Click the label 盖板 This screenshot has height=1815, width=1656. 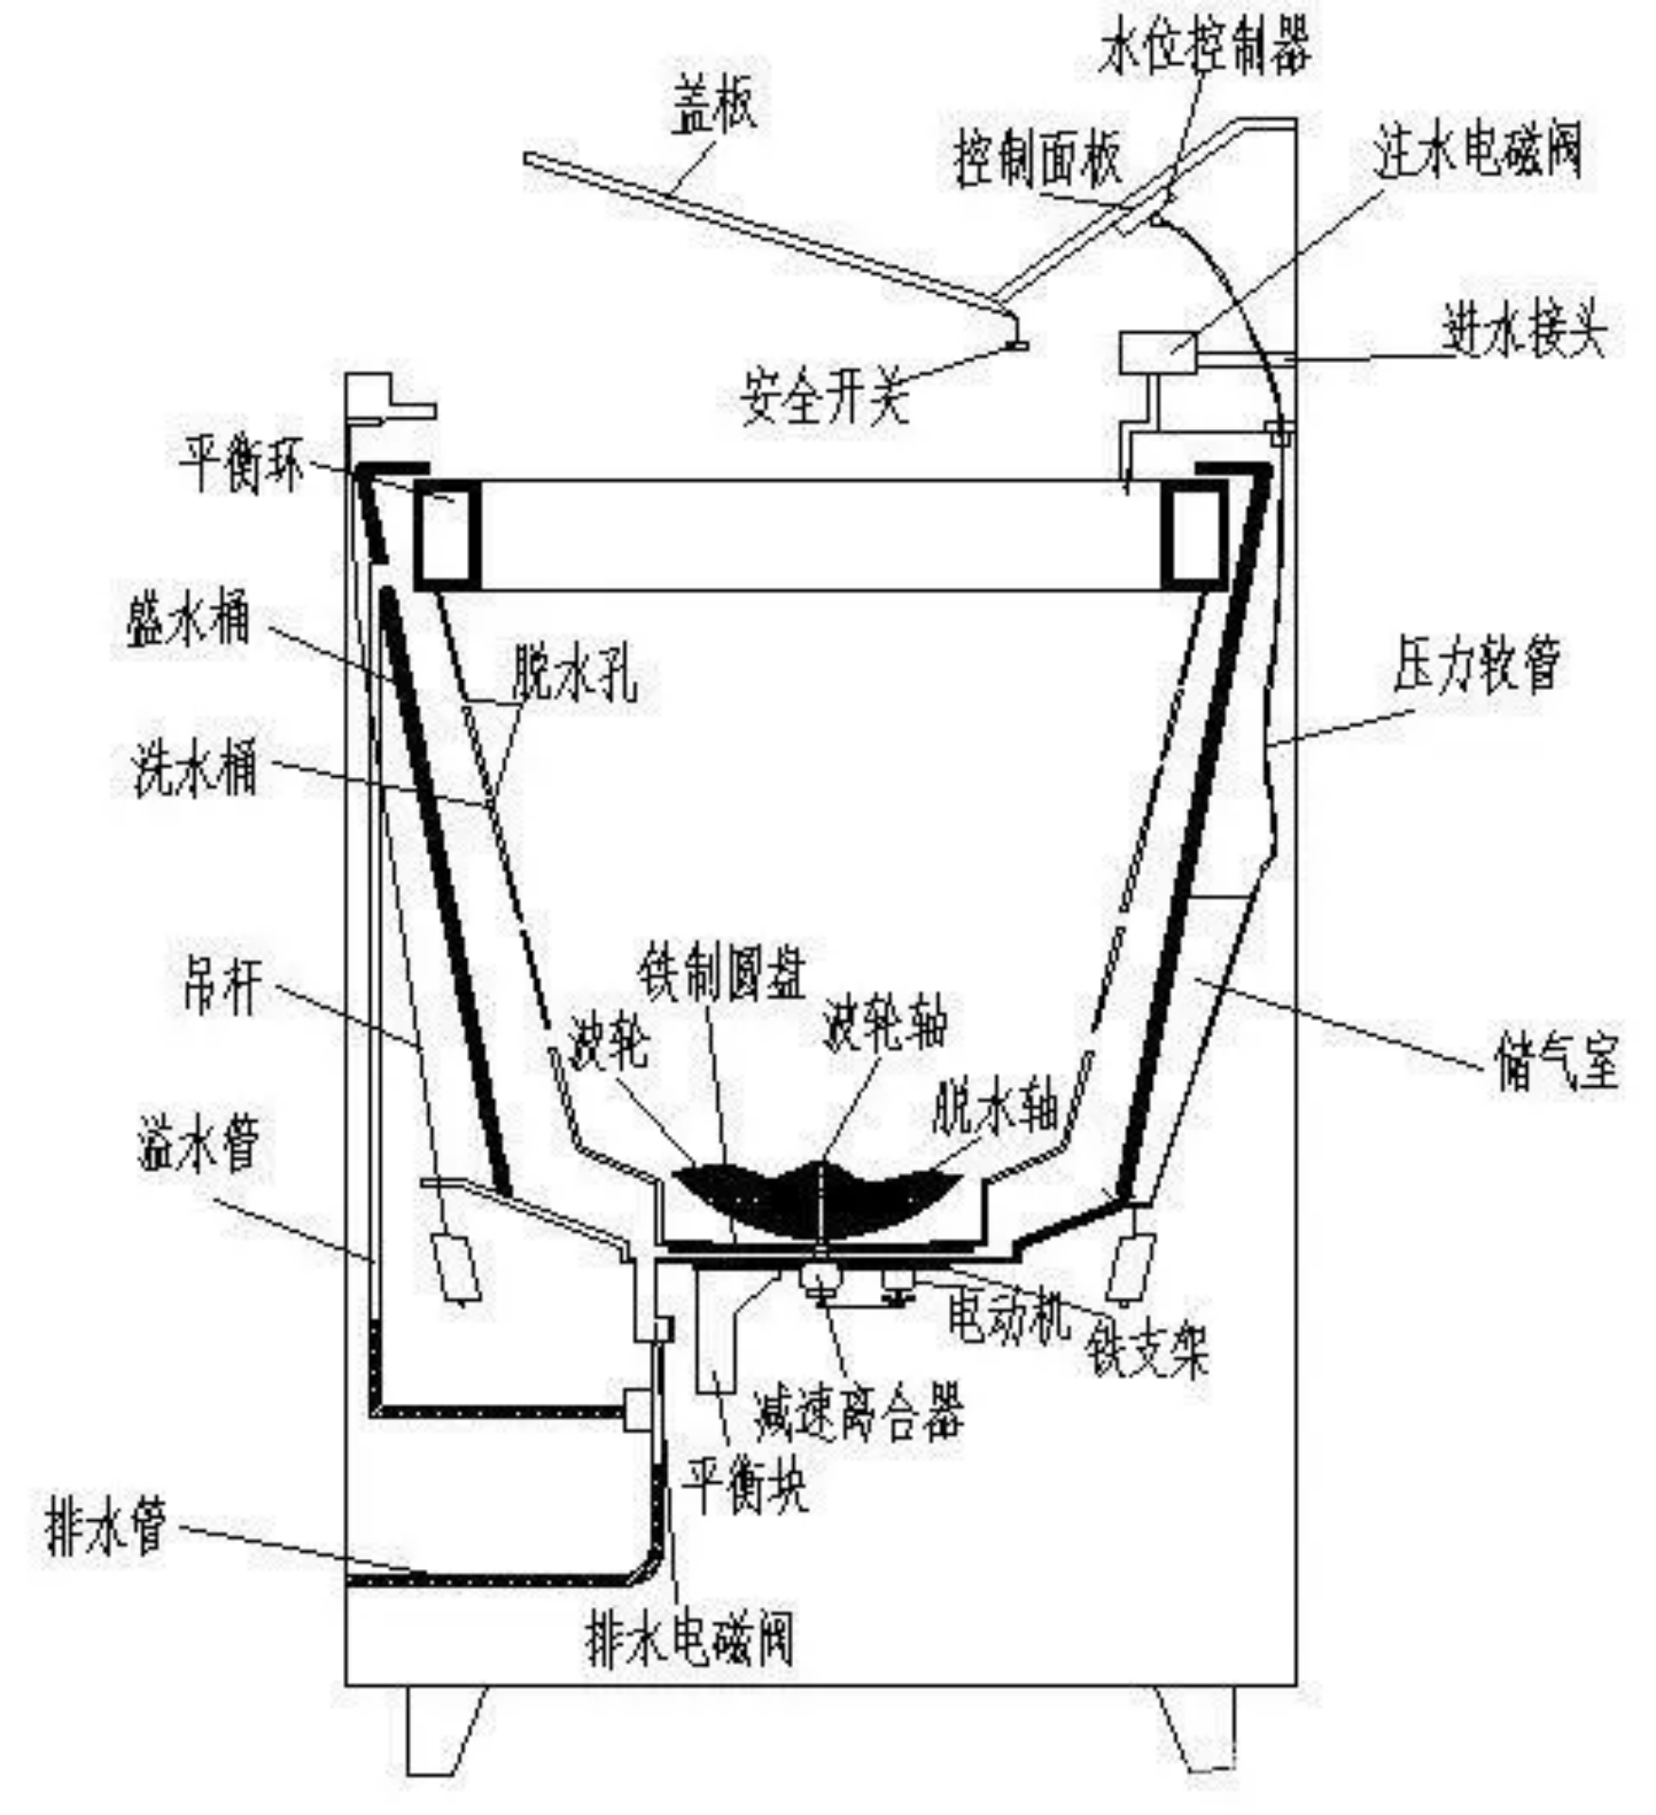(714, 104)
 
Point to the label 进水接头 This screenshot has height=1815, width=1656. (1524, 331)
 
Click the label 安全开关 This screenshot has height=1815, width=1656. (825, 395)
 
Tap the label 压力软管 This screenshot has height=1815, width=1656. (1476, 663)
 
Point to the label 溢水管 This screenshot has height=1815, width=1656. (198, 1141)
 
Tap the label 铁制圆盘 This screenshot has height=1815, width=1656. (722, 970)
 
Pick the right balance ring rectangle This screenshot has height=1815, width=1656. (1195, 535)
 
